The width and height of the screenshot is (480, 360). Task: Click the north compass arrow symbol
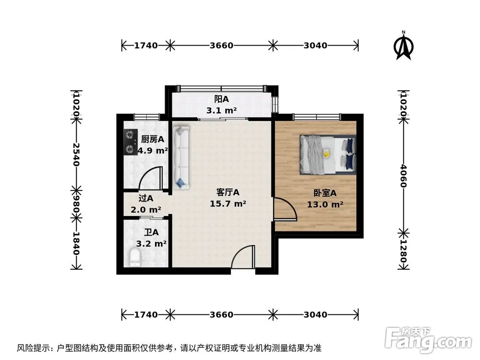[404, 47]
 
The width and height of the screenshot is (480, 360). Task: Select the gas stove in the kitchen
[129, 142]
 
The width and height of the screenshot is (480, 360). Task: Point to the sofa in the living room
[182, 156]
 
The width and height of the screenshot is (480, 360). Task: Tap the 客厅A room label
[228, 192]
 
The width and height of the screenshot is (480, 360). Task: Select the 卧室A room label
[325, 193]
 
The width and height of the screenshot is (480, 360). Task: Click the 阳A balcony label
[221, 99]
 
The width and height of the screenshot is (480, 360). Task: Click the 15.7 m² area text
[228, 204]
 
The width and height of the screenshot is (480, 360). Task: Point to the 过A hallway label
[145, 198]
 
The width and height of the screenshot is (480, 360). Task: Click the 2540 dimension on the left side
[75, 154]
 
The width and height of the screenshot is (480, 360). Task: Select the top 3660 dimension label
[221, 46]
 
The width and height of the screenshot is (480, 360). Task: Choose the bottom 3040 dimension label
[315, 315]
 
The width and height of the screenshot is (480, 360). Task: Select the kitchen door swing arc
[150, 178]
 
